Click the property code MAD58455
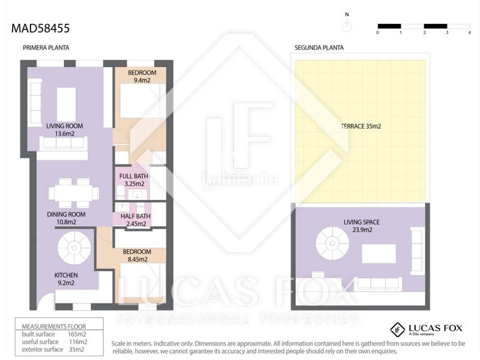point(40,28)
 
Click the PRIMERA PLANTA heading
point(46,48)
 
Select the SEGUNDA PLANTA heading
point(319,48)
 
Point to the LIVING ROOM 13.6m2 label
point(65,130)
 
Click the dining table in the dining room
point(74,193)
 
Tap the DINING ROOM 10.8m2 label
point(66,218)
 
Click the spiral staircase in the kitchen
point(74,248)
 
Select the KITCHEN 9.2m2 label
point(66,279)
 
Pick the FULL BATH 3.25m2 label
point(134,180)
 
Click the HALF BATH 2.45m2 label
point(136,220)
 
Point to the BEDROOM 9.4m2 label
point(142,76)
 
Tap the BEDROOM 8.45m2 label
point(137,256)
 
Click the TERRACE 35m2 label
point(361,126)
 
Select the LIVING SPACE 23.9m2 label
point(362,226)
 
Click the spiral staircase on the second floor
point(332,244)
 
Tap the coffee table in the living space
point(379,253)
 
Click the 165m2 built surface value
point(77,334)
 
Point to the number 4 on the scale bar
point(469,32)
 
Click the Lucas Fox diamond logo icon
point(398,329)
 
